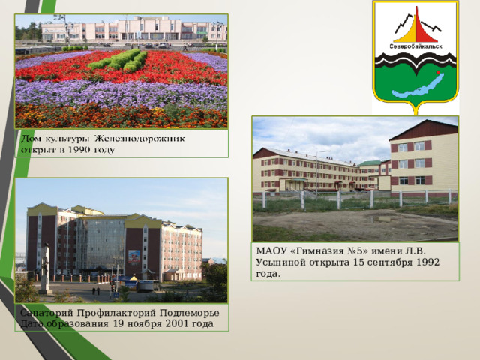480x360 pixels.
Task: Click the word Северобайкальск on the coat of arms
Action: point(415,46)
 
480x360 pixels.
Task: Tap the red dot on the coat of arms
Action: point(438,72)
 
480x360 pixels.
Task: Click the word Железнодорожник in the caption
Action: point(139,139)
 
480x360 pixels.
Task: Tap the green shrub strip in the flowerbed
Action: point(118,60)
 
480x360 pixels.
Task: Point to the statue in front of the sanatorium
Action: point(45,268)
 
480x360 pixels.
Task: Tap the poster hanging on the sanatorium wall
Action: point(134,256)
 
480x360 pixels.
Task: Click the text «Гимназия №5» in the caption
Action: point(330,251)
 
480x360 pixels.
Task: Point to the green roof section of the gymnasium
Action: point(370,163)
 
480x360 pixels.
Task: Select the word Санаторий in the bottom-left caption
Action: point(46,313)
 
